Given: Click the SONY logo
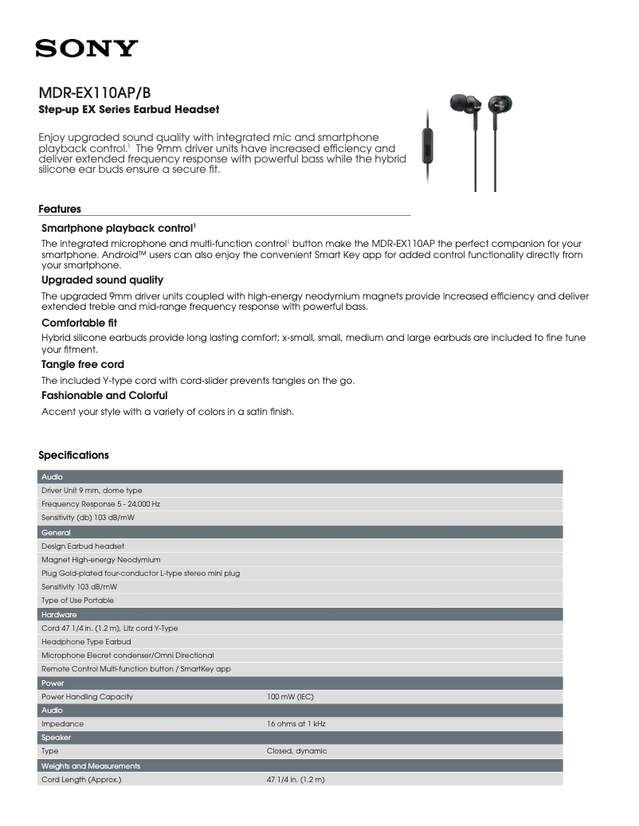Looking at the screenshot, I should click(x=85, y=50).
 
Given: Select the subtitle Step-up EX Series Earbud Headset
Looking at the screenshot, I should click(x=129, y=108).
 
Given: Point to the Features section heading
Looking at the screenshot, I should click(x=60, y=209).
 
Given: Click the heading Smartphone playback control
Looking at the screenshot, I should click(x=118, y=228).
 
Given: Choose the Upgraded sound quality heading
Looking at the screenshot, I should click(x=102, y=280).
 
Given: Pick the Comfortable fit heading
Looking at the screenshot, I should click(x=79, y=323).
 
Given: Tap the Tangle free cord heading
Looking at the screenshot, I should click(x=82, y=365).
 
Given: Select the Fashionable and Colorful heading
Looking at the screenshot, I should click(x=104, y=395).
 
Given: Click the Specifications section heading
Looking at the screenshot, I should click(x=73, y=456).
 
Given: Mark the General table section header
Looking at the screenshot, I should click(x=56, y=532).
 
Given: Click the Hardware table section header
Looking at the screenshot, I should click(x=59, y=615).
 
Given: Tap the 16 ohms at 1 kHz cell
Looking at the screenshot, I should click(x=296, y=724).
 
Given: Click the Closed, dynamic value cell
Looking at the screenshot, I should click(x=296, y=751).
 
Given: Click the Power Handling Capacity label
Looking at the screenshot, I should click(x=87, y=697).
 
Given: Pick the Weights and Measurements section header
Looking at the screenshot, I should click(x=91, y=765).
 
